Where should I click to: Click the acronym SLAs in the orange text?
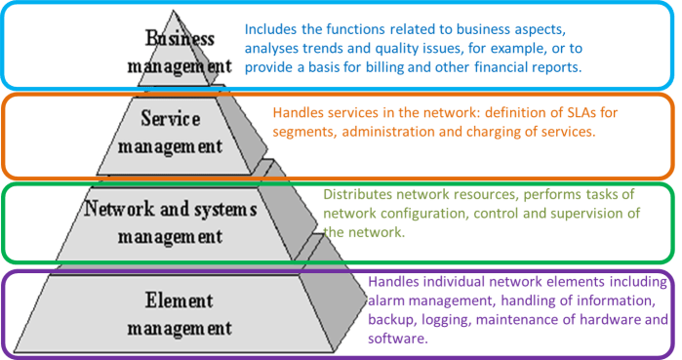coord(572,113)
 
